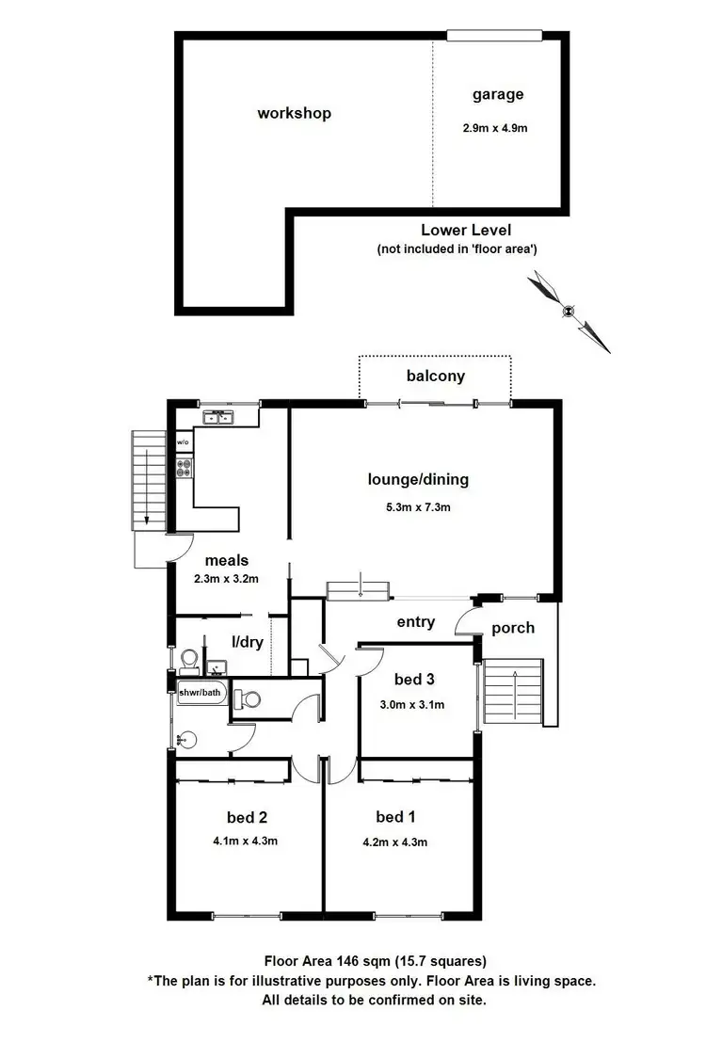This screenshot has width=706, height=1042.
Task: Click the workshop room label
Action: click(x=294, y=113)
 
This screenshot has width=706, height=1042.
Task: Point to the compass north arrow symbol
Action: click(x=568, y=311)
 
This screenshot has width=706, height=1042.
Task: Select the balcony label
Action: click(x=435, y=377)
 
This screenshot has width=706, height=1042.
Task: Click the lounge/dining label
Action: click(x=417, y=480)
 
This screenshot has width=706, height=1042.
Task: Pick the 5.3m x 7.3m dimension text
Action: click(x=417, y=507)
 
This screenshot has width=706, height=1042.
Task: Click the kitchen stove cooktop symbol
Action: click(x=184, y=464)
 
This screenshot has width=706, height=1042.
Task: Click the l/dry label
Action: click(x=246, y=643)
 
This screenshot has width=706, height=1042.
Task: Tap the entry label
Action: click(x=416, y=622)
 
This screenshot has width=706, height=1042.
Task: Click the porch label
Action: click(x=513, y=628)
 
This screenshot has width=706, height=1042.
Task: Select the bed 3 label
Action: click(x=413, y=679)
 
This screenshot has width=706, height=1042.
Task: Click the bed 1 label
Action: click(x=395, y=816)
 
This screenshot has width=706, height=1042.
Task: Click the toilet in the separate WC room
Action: click(x=249, y=699)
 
